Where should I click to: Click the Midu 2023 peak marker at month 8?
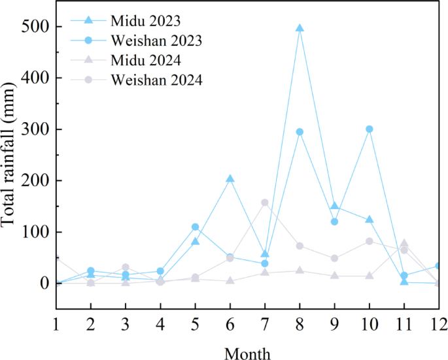click(x=300, y=28)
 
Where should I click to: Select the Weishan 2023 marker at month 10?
click(x=370, y=129)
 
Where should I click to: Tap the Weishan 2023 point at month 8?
click(x=300, y=132)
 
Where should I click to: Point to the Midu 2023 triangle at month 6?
click(x=230, y=179)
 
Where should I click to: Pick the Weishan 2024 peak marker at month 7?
click(x=265, y=203)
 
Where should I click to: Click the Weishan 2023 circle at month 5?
click(x=195, y=227)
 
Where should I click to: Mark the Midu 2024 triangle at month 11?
click(x=404, y=243)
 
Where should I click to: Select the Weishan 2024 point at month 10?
click(x=370, y=241)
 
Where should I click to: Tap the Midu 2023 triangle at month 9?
click(x=335, y=206)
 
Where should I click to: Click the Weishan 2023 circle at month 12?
click(x=439, y=266)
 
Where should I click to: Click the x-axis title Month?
click(x=247, y=353)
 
